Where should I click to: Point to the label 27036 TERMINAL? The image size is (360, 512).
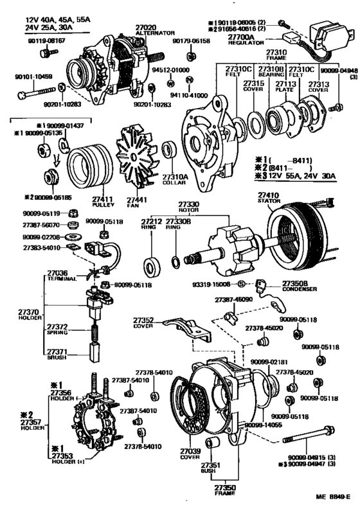(62, 276)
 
